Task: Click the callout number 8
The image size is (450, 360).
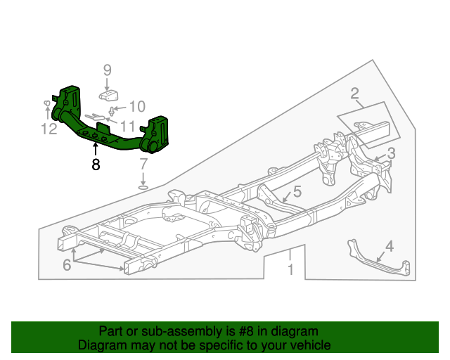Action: click(x=96, y=165)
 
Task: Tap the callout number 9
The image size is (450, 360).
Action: click(x=108, y=70)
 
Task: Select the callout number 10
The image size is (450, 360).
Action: click(x=136, y=107)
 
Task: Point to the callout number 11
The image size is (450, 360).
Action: click(x=127, y=127)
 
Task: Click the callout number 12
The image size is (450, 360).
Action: click(x=48, y=129)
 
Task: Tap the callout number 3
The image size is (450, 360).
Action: click(x=391, y=153)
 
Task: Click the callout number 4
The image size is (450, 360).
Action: click(x=390, y=246)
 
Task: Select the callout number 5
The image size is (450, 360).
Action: click(x=297, y=191)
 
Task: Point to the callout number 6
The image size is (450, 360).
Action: click(x=67, y=265)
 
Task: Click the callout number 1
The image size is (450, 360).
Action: click(x=289, y=270)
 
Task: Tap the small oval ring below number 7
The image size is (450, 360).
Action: click(x=143, y=187)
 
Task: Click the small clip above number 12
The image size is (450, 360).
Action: click(x=47, y=105)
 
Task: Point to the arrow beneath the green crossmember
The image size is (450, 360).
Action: click(x=96, y=148)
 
